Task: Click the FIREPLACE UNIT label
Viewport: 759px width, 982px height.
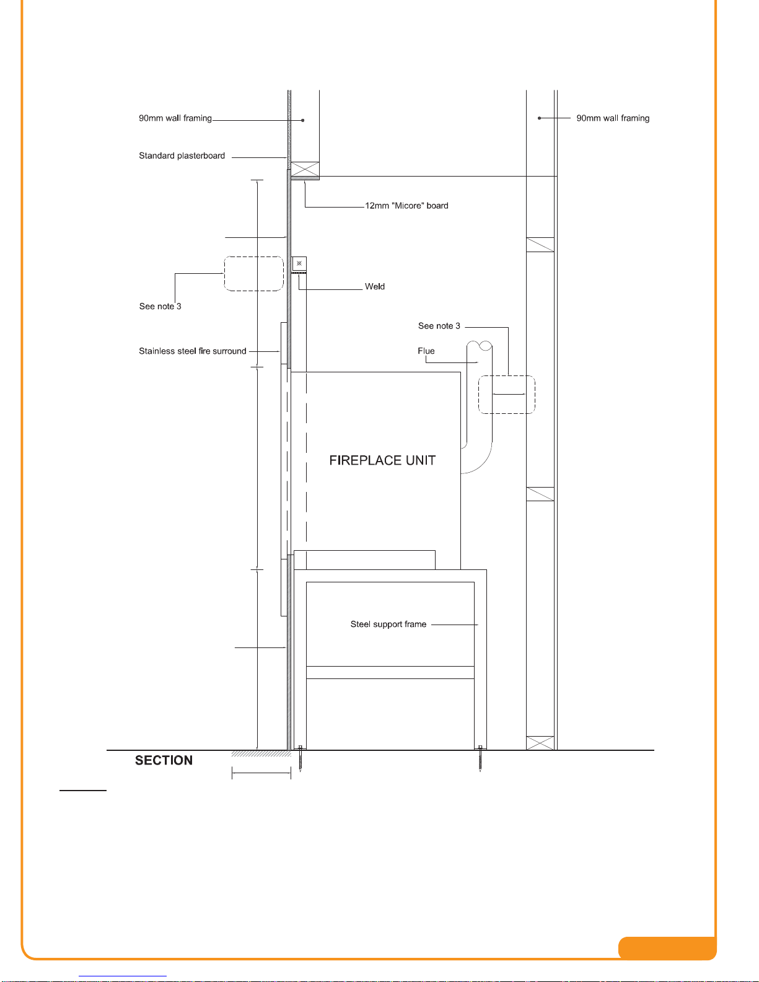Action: coord(382,460)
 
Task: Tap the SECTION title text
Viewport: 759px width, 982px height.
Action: coord(164,761)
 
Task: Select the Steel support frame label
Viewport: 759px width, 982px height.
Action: coord(388,624)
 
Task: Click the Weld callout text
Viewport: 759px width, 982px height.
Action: coord(375,286)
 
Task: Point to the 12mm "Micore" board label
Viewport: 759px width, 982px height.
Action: coord(406,206)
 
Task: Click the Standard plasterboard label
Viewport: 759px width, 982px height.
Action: coord(182,156)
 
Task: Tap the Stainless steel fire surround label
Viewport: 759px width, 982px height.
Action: coord(193,351)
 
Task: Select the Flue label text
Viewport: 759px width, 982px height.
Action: coord(426,351)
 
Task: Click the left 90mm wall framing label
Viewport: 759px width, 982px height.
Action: coord(175,118)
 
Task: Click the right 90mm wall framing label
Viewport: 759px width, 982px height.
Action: coord(613,118)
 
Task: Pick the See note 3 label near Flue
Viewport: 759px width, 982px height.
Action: coord(439,326)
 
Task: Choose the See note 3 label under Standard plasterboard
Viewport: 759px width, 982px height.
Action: coord(160,307)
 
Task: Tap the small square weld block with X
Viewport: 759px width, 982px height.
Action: coord(299,263)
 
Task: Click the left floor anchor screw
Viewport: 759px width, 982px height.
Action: coord(301,759)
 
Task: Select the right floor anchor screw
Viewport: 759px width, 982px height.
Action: coord(480,759)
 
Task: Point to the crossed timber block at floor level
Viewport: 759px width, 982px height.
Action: coord(540,743)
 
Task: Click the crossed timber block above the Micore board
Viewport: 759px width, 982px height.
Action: coord(305,169)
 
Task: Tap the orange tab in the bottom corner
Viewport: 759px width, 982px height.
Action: coord(667,948)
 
